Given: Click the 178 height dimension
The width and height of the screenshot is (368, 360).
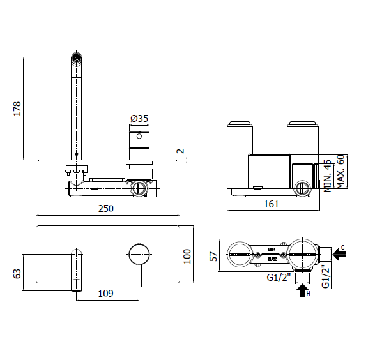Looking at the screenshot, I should point(17,109).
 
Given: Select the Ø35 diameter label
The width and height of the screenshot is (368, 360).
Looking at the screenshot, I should point(139,118).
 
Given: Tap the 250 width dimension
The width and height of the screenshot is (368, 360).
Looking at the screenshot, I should point(105,209).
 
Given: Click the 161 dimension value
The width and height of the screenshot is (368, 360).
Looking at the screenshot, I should point(272,204).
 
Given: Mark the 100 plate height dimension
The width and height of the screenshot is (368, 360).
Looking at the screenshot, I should point(187,256).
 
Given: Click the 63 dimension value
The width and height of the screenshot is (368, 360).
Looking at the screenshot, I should point(17,273).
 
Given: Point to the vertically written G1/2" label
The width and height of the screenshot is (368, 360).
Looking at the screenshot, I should point(325,276).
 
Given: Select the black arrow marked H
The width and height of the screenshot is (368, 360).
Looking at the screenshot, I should point(302,291).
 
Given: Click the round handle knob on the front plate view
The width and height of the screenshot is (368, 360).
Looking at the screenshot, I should point(138,253).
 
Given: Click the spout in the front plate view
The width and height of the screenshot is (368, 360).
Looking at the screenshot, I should point(76,268).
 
